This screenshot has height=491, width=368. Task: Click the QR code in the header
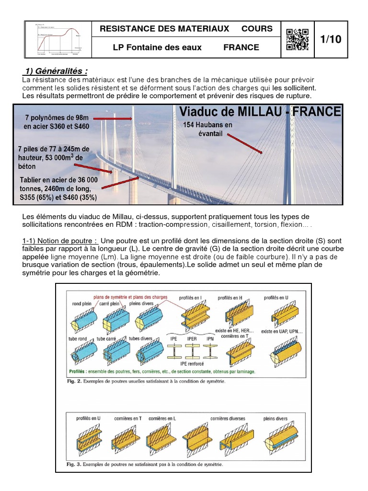click(297, 39)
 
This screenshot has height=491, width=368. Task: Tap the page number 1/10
click(331, 39)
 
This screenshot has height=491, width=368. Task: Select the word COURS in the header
click(257, 29)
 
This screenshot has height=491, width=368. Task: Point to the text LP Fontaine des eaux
click(157, 47)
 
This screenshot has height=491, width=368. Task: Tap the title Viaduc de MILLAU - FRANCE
click(260, 112)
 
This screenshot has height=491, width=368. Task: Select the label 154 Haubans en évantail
click(208, 129)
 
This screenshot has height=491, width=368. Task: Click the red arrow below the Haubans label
click(244, 143)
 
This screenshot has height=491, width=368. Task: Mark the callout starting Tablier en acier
click(58, 188)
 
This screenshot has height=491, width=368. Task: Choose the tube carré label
click(107, 339)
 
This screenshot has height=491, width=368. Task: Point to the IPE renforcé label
click(191, 364)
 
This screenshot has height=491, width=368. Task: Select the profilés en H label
click(230, 298)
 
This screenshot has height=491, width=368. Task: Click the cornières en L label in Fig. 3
click(162, 418)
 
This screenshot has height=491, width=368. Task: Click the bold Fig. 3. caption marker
click(73, 464)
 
